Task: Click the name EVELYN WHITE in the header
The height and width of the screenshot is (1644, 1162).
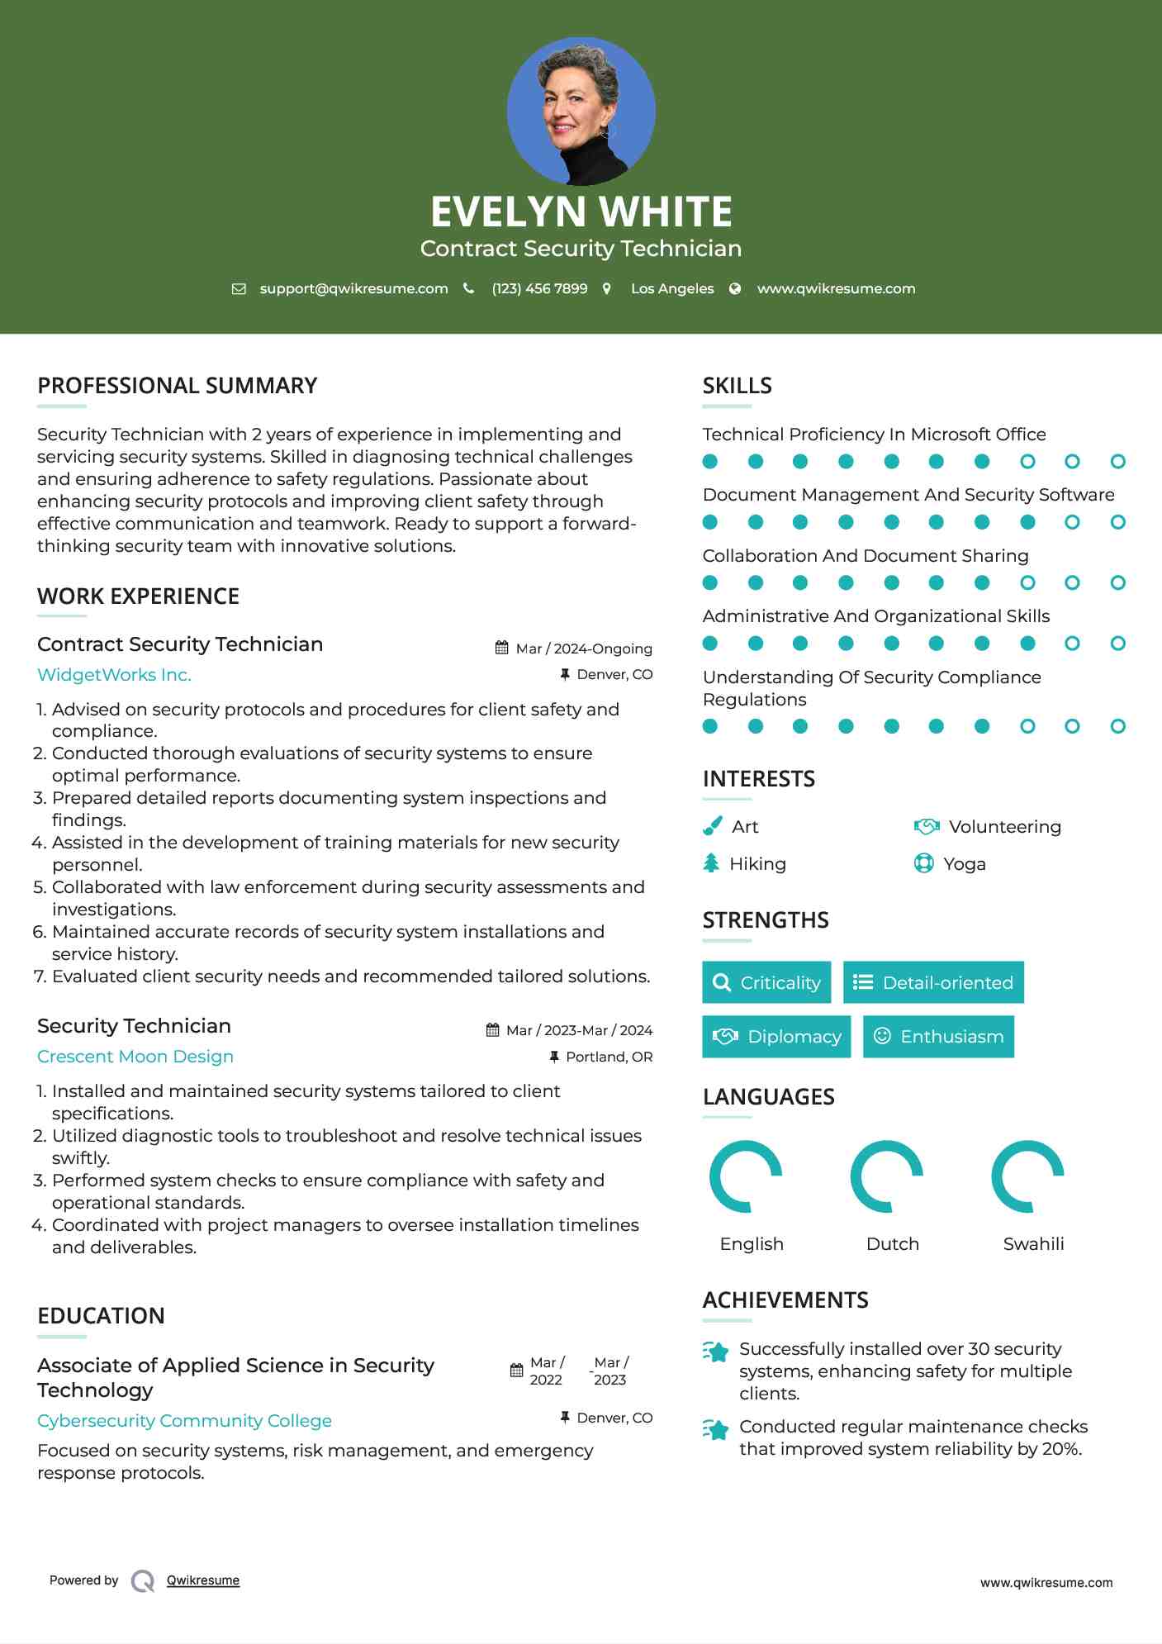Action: pos(581,211)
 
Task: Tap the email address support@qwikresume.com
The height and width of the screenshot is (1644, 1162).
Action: pos(353,288)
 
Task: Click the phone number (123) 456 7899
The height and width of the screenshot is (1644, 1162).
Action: pos(539,288)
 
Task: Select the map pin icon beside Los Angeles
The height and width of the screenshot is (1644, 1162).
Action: pos(607,288)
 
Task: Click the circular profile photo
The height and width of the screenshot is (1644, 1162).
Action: pos(581,111)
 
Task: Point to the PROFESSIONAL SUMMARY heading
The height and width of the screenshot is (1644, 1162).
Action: pos(177,386)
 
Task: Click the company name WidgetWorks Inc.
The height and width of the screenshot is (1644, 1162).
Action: pos(114,675)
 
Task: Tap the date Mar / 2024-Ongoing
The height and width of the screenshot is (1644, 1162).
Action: pos(583,649)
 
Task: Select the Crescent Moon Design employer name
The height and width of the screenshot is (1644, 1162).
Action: pos(135,1057)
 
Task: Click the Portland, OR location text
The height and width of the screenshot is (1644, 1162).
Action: pos(609,1057)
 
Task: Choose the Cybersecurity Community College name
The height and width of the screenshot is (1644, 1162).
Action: pos(184,1421)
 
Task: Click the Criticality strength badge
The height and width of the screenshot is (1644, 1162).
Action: pos(766,982)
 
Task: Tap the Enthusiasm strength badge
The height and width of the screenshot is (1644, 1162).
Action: pos(938,1037)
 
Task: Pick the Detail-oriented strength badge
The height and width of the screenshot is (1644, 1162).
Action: pos(933,982)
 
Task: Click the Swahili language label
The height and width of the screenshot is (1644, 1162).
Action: pos(1033,1244)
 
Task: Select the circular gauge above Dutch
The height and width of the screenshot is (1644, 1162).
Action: pos(886,1176)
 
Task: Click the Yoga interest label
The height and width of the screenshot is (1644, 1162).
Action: pos(965,864)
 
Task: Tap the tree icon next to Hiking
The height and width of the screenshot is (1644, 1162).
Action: pos(711,863)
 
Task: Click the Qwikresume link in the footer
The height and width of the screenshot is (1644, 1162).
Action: pos(203,1580)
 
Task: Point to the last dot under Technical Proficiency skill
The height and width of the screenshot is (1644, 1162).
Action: pos(1117,462)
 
